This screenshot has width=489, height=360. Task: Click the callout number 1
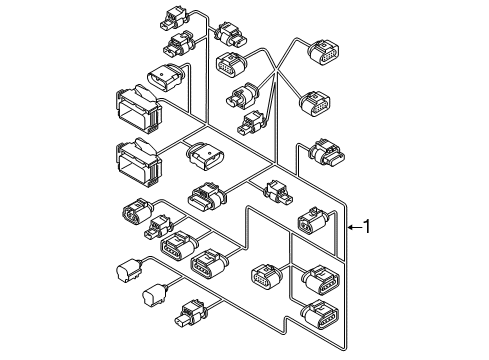tap(366, 227)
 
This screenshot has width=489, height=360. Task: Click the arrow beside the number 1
tap(354, 227)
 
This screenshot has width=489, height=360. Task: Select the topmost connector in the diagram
tap(175, 17)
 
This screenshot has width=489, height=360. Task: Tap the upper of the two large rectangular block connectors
tap(139, 109)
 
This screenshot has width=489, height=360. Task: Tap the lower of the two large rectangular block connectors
tap(139, 162)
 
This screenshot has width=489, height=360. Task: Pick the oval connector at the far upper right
tap(324, 52)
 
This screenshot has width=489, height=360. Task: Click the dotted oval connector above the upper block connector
tap(165, 77)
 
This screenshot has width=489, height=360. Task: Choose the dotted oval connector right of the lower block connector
tap(205, 156)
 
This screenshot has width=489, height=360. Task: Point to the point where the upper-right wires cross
tap(276, 69)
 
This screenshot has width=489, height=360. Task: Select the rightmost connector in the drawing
tap(328, 153)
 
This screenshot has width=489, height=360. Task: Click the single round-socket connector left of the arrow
tap(313, 221)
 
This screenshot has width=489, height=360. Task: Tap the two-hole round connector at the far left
tap(138, 213)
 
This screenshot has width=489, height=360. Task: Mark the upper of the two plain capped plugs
tap(128, 270)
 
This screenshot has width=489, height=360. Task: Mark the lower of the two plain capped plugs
tap(154, 295)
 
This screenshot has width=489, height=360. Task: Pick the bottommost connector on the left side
tap(192, 312)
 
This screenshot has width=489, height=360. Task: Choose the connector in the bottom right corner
tap(320, 315)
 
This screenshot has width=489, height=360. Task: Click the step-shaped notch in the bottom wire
tap(285, 325)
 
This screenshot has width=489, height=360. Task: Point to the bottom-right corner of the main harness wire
tap(345, 349)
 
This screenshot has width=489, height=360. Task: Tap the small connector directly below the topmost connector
tap(179, 43)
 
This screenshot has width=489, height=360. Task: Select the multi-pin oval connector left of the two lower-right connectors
tap(266, 277)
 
